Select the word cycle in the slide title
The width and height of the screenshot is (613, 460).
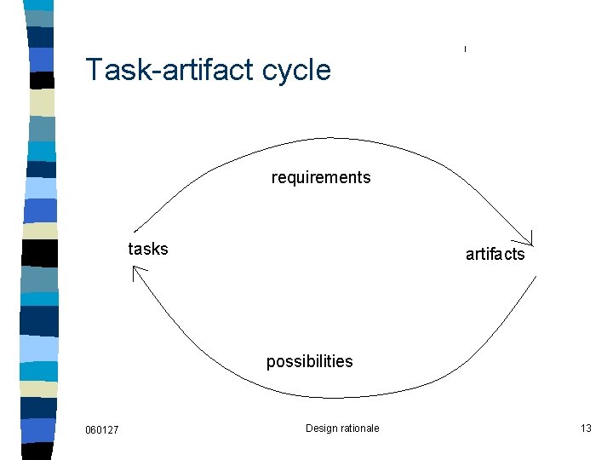click(x=296, y=70)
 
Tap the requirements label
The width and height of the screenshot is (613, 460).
click(x=321, y=177)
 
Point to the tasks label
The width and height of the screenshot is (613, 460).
click(x=148, y=249)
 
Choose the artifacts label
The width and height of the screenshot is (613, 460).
click(x=496, y=254)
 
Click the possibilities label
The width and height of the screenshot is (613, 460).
click(x=309, y=361)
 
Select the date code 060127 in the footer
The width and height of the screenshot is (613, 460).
click(x=102, y=429)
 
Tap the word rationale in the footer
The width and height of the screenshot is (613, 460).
click(x=361, y=428)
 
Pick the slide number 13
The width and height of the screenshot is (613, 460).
click(x=586, y=428)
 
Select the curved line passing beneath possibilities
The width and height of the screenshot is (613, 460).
click(x=341, y=395)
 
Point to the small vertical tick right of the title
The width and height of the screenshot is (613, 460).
click(x=465, y=49)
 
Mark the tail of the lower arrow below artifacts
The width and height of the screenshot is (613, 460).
click(x=536, y=277)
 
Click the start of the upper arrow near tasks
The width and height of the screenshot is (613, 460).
click(x=136, y=231)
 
